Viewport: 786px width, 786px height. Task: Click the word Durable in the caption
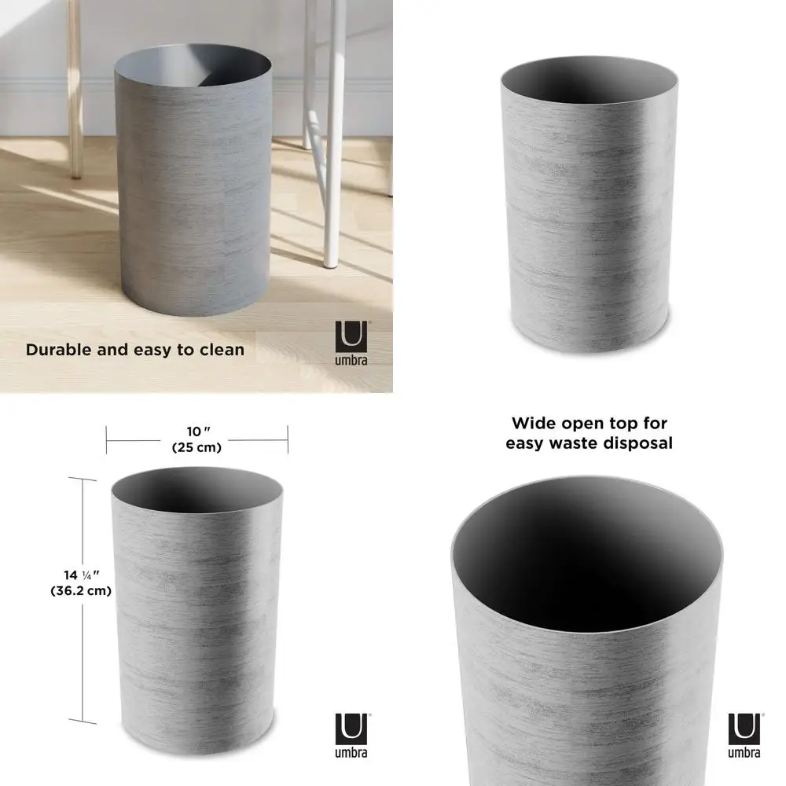[60, 349]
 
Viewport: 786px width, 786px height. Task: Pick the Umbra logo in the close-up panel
[744, 735]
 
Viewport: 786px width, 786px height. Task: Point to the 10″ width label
[196, 431]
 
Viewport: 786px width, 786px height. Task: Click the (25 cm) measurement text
[196, 447]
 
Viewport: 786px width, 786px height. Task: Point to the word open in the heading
[588, 424]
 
